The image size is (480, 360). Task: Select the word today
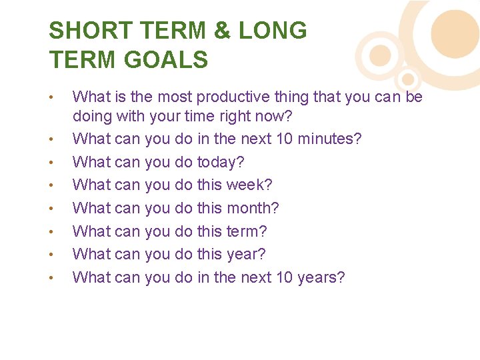coord(221,162)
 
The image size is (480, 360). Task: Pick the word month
coord(253,208)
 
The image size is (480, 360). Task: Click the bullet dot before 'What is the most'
coord(52,97)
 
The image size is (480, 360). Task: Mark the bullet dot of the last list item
coord(52,277)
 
